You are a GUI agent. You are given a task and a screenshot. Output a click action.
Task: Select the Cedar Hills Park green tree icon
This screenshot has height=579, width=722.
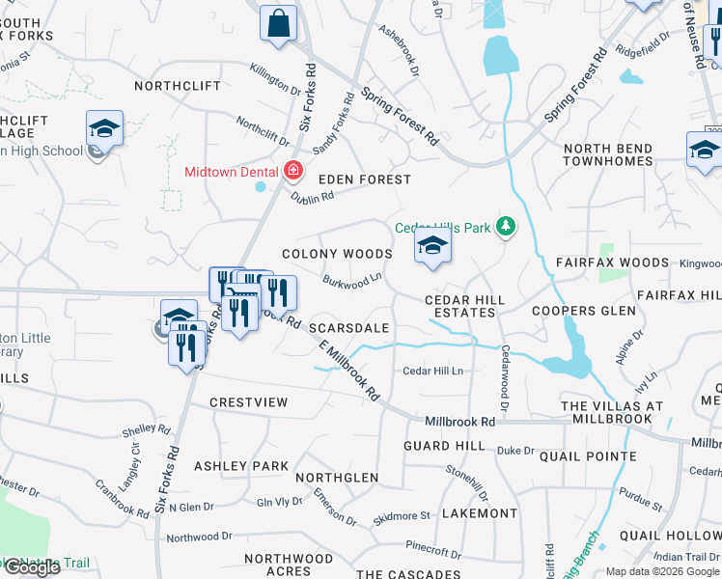(x=504, y=228)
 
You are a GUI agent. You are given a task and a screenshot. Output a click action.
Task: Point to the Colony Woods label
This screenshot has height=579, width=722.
(x=337, y=254)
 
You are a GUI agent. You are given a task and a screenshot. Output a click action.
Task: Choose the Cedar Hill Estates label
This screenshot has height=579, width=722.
(x=465, y=306)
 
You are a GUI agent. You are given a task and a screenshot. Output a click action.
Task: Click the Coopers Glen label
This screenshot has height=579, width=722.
(x=584, y=311)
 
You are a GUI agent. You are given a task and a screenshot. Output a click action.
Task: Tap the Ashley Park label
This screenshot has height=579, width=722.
(x=241, y=466)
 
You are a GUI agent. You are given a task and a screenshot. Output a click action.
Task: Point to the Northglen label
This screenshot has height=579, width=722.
(x=337, y=478)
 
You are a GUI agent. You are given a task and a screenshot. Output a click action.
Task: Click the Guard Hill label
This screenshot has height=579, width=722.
(x=444, y=446)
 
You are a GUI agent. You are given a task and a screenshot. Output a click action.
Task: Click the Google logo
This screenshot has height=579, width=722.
(x=31, y=567)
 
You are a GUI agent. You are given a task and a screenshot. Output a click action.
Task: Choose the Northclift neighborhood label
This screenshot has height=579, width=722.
(x=172, y=85)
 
